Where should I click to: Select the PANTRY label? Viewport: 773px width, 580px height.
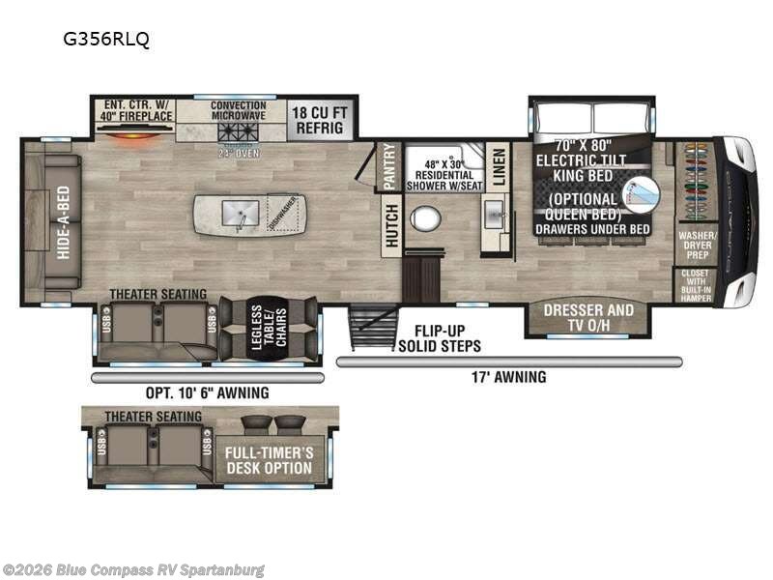tap(389, 164)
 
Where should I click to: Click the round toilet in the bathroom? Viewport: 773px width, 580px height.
tap(424, 217)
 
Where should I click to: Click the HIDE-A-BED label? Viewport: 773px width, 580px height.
tap(63, 219)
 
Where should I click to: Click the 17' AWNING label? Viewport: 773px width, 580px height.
tap(509, 377)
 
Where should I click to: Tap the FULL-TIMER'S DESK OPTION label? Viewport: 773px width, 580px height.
tap(269, 460)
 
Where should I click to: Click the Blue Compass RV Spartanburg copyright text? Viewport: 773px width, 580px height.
tap(133, 570)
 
